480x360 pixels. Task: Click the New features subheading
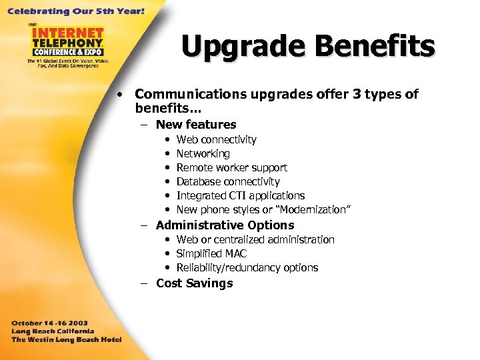(x=196, y=125)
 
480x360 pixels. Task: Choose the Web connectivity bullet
(x=216, y=140)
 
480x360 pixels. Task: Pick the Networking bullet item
(x=203, y=154)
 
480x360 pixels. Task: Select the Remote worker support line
(x=231, y=168)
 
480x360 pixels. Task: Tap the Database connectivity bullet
(x=228, y=182)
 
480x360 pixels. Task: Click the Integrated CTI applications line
(x=240, y=196)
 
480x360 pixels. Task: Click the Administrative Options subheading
(x=225, y=225)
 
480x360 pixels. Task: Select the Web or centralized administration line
(x=255, y=240)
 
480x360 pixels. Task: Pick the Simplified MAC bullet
(x=211, y=254)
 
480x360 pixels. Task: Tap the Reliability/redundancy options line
(x=247, y=268)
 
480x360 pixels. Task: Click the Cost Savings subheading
(x=194, y=283)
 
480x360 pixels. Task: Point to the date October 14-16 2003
(x=51, y=322)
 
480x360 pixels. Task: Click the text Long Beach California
(x=53, y=331)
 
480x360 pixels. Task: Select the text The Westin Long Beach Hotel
(x=66, y=339)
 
